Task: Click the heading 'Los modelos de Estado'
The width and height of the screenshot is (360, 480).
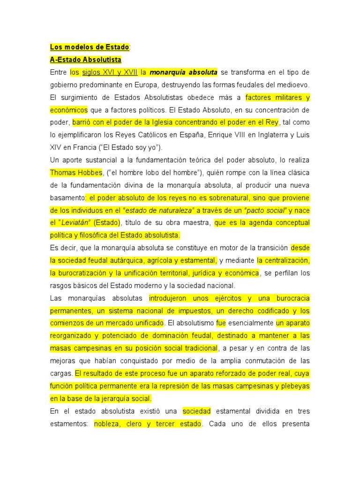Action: pos(90,47)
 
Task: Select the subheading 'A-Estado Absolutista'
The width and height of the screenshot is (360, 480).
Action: pos(85,60)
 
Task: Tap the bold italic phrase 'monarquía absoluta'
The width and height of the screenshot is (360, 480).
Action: pos(184,73)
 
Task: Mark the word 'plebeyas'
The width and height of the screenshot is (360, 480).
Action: pos(295,386)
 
